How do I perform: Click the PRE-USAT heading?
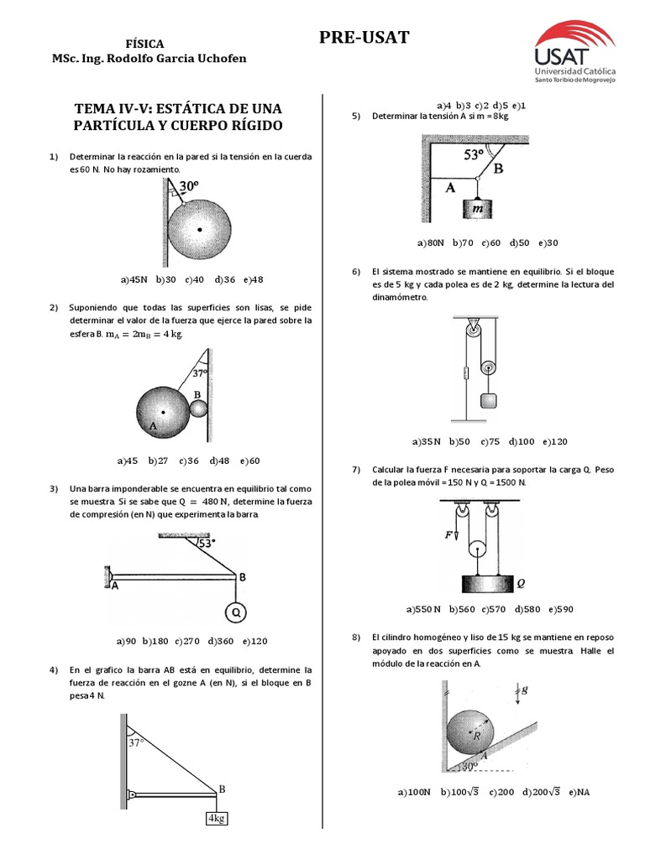(x=364, y=37)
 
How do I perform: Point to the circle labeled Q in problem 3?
(x=236, y=613)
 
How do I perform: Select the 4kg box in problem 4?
(x=217, y=819)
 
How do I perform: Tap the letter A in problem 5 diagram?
(x=450, y=189)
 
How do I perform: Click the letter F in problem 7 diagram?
(x=449, y=533)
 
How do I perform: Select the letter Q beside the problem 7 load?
(x=520, y=580)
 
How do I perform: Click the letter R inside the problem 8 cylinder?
(x=477, y=736)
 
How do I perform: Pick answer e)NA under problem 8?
(x=579, y=791)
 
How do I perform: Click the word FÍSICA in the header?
(x=144, y=44)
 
